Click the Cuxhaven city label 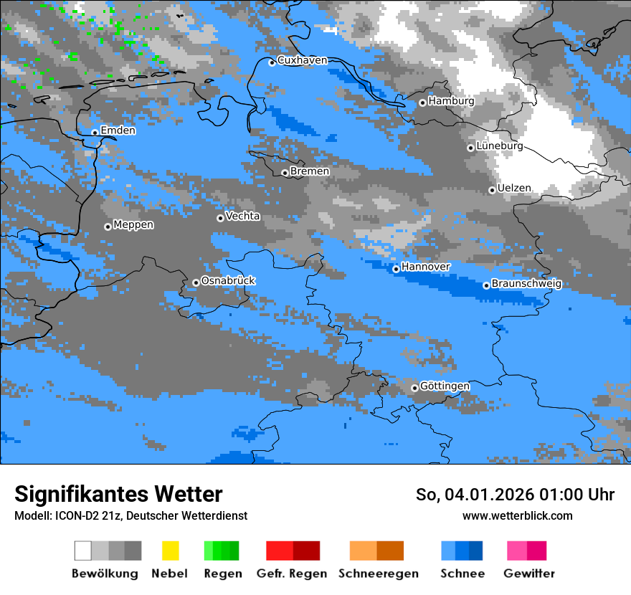(302, 60)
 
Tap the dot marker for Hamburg (422, 103)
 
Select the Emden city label (118, 130)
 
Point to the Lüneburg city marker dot (470, 148)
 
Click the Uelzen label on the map (514, 189)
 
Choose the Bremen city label (310, 171)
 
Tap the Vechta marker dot (220, 218)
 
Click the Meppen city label (133, 225)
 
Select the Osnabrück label (228, 281)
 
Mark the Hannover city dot (396, 269)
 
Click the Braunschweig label (526, 284)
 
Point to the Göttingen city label (445, 386)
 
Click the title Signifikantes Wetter (118, 495)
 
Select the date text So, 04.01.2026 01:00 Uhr (515, 495)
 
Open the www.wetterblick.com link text (517, 515)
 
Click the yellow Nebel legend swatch (170, 551)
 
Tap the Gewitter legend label (528, 573)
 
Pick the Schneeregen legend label (379, 573)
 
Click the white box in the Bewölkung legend (83, 551)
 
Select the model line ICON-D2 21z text (131, 515)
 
